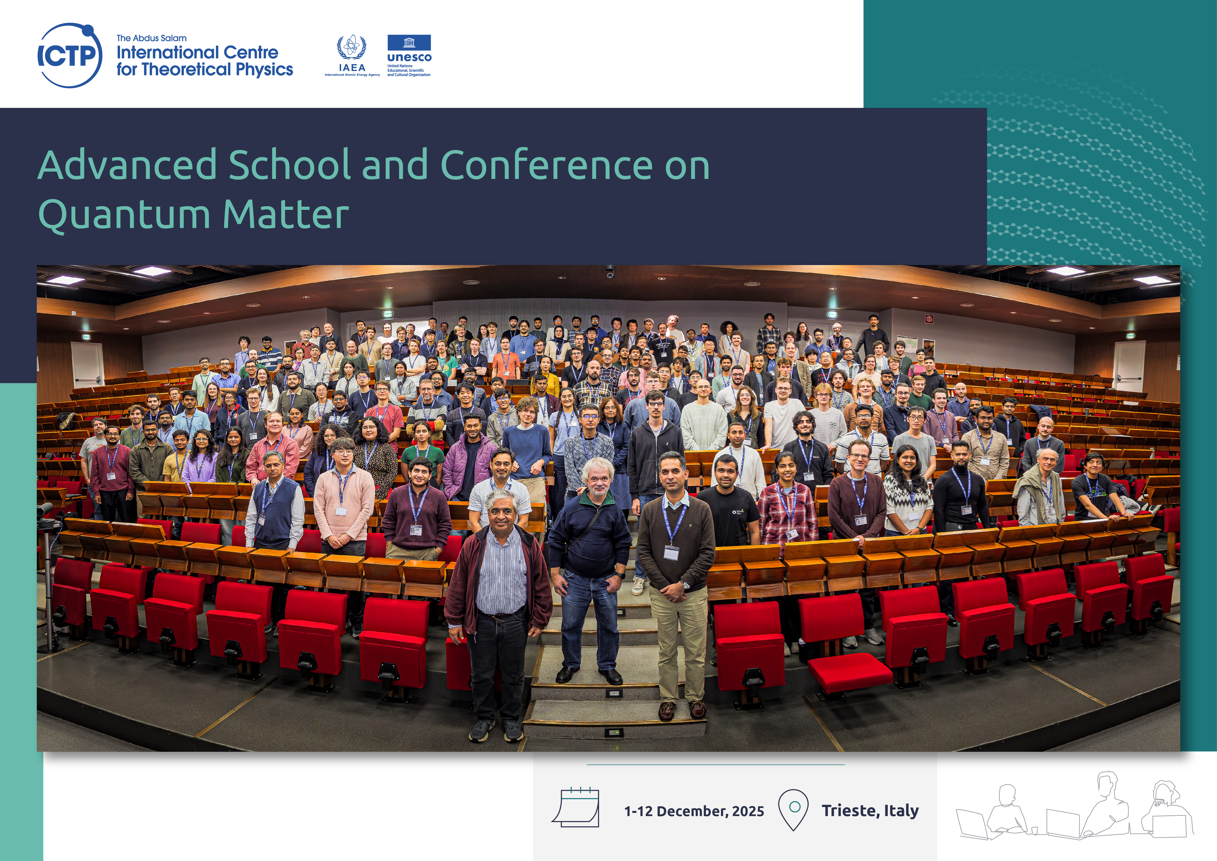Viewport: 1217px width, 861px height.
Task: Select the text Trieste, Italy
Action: point(870,811)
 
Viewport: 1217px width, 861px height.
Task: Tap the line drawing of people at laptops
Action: point(1074,807)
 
